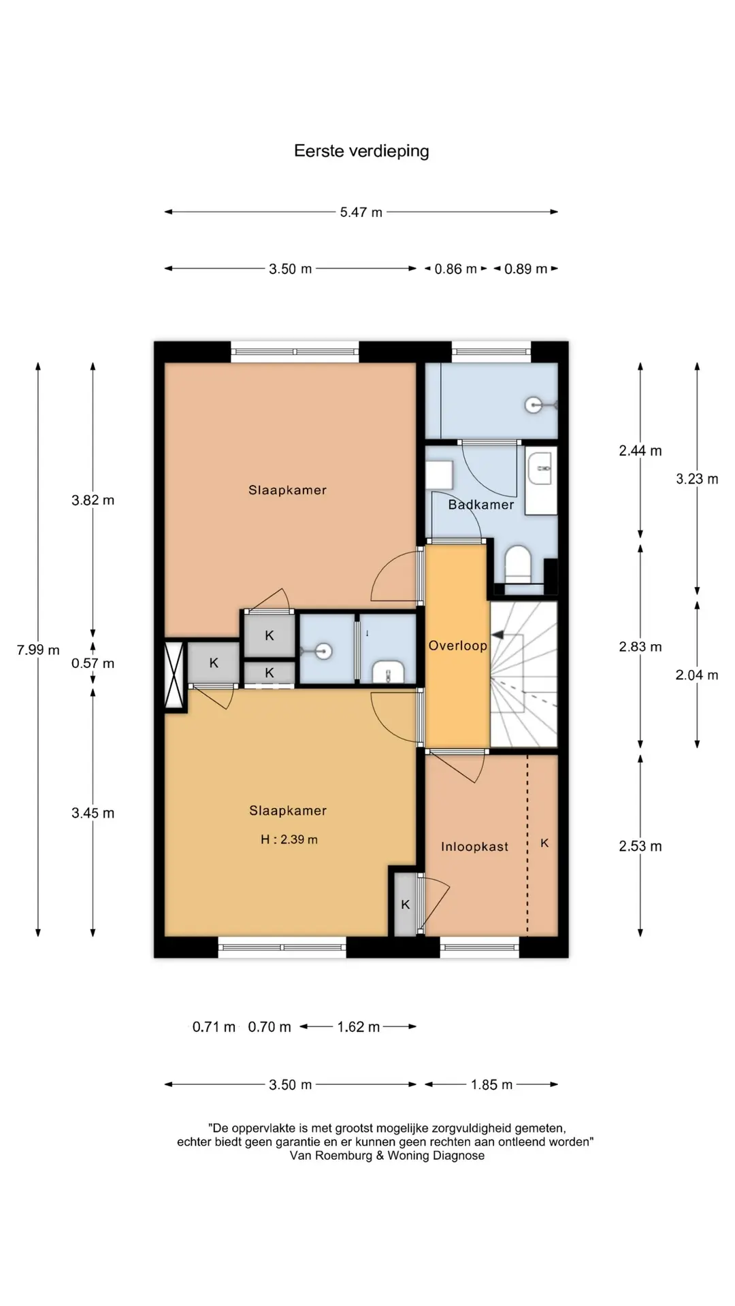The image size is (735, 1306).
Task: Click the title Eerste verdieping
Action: tap(361, 151)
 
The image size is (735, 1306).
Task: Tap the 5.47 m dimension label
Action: tap(361, 212)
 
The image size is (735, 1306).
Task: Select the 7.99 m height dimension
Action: tap(38, 650)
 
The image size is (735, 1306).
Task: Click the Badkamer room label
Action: tap(481, 505)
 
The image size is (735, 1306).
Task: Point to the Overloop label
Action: tap(458, 646)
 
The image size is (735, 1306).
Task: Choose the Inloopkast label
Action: tap(474, 847)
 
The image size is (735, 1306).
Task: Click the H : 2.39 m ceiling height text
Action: tap(289, 839)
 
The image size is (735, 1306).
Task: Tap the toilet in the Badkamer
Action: tap(518, 564)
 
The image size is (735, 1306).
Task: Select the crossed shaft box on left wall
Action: tap(175, 676)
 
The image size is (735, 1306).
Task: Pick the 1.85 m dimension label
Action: tap(491, 1084)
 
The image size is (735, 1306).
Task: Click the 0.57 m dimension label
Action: tap(93, 663)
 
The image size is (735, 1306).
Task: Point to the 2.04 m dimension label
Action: tap(697, 675)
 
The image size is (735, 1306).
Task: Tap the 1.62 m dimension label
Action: tap(359, 1026)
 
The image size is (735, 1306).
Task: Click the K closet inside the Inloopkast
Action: tap(544, 843)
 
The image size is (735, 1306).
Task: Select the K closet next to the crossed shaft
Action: tap(214, 663)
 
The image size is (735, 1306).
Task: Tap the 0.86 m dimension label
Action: tap(456, 269)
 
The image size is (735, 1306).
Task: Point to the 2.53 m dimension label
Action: tap(640, 846)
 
